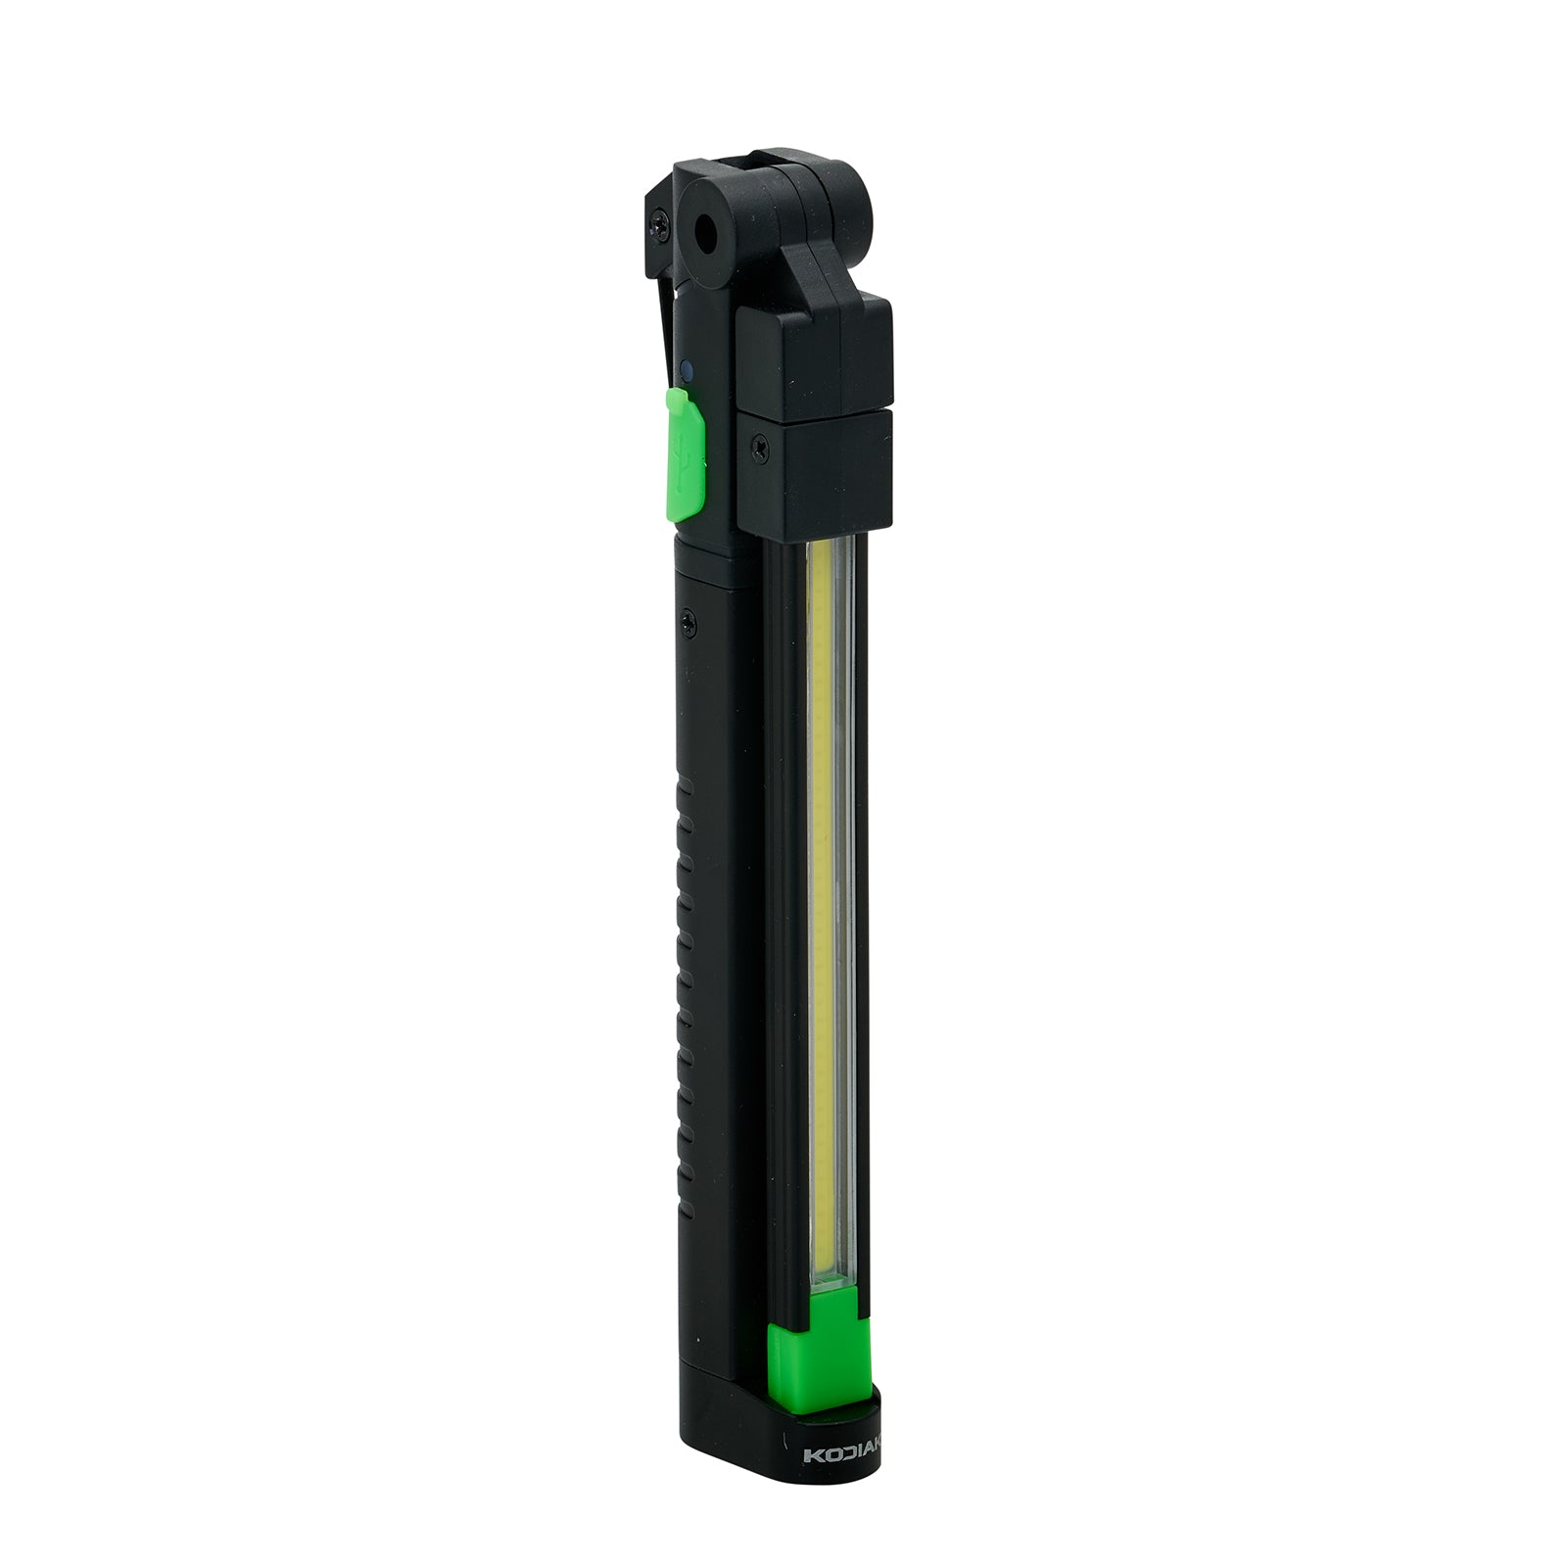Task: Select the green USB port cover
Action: tap(688, 451)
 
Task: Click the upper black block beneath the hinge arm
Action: tap(813, 353)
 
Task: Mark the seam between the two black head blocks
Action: tap(813, 410)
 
